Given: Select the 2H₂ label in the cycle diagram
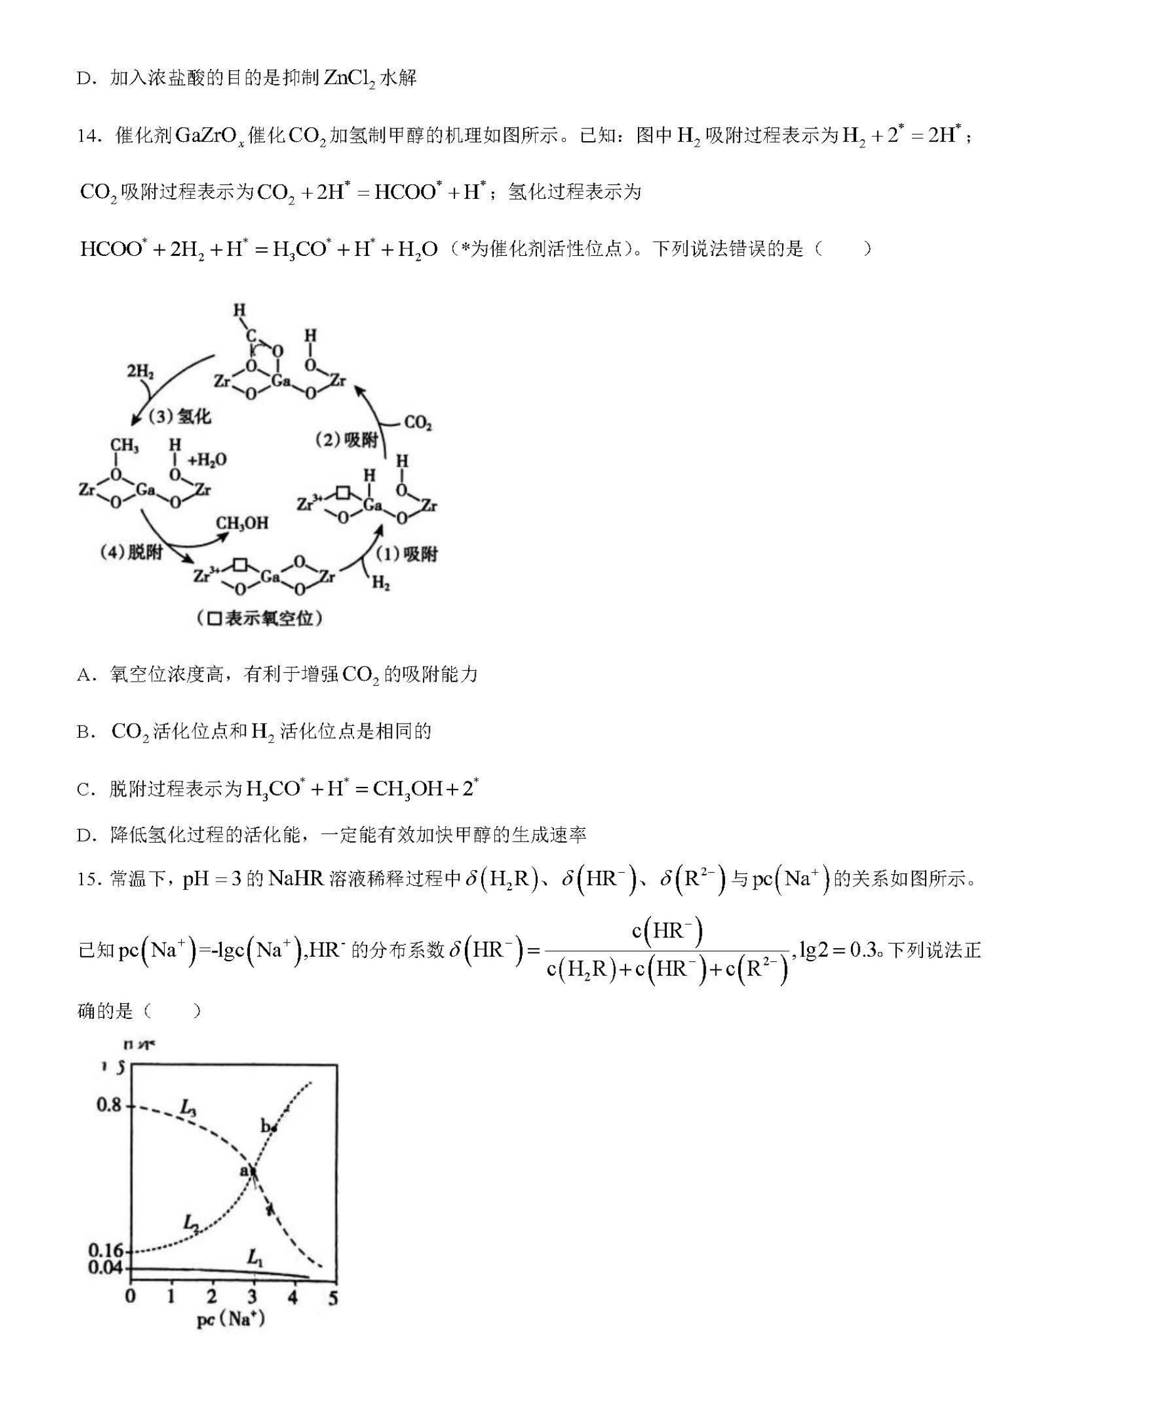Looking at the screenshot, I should [x=140, y=371].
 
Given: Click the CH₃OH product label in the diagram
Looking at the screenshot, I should [x=242, y=524].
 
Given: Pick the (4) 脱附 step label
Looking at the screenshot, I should [x=131, y=552].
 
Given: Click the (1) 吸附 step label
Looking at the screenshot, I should [x=406, y=554].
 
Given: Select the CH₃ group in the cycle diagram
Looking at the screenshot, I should [x=124, y=446].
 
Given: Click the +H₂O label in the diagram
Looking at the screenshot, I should [x=207, y=460].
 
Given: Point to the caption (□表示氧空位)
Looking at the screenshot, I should [x=259, y=619].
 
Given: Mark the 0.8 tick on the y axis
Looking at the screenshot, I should [x=110, y=1105].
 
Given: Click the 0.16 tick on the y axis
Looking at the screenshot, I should [x=106, y=1251].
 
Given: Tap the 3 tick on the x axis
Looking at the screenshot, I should [x=253, y=1297].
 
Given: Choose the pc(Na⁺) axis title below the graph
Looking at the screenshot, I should [x=231, y=1320].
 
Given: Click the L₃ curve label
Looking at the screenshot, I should [x=189, y=1108].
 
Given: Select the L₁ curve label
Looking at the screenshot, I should [x=255, y=1257].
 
